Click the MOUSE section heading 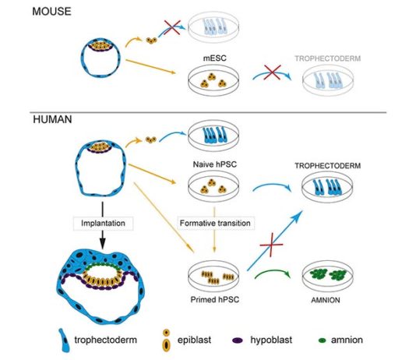click(51, 12)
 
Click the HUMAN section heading click(52, 119)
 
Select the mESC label click(215, 58)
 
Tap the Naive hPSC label click(215, 164)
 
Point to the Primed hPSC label click(215, 299)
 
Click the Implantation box click(103, 223)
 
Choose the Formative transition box click(215, 223)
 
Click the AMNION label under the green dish click(326, 300)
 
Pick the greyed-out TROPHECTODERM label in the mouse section click(328, 58)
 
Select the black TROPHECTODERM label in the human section click(328, 166)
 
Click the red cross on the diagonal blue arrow click(271, 245)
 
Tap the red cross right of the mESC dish click(272, 72)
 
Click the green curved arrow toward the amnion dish click(273, 272)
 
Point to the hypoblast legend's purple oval click(238, 341)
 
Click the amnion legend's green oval click(322, 341)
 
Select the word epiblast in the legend click(194, 340)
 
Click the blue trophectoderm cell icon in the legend click(64, 341)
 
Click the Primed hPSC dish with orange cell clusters click(213, 276)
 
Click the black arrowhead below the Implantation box click(103, 243)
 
